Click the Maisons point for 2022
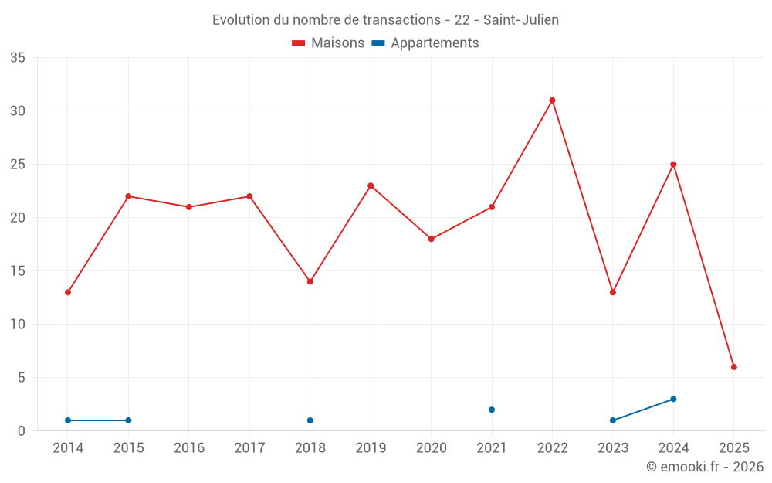pos(552,100)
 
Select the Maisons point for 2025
pos(734,367)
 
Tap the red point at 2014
pos(68,292)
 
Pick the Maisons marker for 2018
pos(310,281)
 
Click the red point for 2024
pos(673,165)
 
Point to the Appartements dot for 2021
pos(492,410)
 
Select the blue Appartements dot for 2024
pos(673,399)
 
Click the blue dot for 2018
pos(310,420)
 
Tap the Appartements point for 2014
pos(68,420)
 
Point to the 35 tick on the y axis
pos(18,58)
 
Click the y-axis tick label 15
pos(18,271)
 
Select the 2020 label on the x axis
pos(432,448)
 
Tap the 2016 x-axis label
pos(189,448)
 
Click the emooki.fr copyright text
pos(705,467)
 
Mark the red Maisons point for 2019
pos(371,185)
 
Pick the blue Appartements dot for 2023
pos(613,420)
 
